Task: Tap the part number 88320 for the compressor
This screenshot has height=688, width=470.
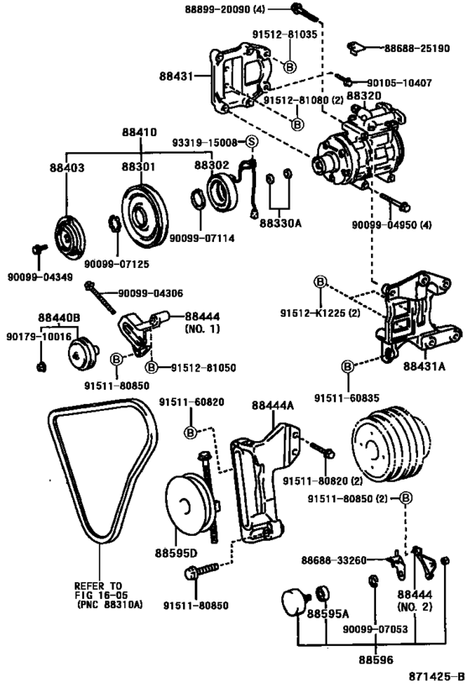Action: tap(363, 97)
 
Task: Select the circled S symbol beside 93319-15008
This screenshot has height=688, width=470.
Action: tap(250, 143)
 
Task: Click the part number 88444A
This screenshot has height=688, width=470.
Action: tap(273, 405)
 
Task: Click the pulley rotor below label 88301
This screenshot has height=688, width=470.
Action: tap(141, 214)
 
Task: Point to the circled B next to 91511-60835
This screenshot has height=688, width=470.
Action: tap(347, 366)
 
